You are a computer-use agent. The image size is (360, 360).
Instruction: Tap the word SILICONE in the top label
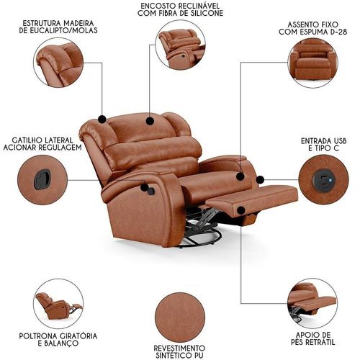207,13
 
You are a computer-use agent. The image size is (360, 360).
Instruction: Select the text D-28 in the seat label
338,32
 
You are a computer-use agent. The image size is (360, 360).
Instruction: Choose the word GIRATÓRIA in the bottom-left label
76,336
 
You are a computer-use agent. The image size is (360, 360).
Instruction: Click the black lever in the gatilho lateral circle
42,179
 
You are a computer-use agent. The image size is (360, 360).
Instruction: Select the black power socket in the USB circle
323,179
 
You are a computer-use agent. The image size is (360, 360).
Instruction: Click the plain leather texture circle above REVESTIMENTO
180,318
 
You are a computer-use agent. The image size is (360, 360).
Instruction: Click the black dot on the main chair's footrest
241,210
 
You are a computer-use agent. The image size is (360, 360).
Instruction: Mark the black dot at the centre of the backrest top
150,121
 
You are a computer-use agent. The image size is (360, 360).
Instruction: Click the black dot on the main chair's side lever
145,187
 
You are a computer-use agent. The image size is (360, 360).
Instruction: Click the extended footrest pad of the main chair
252,198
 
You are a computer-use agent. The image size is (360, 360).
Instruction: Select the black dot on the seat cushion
240,176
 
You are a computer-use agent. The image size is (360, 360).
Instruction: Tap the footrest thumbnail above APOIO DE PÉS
312,303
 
